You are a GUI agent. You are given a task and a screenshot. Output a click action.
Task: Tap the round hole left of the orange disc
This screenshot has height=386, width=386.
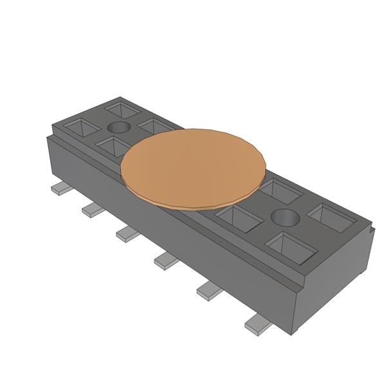point(118,127)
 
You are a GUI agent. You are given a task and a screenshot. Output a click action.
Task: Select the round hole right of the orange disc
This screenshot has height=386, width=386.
point(285,217)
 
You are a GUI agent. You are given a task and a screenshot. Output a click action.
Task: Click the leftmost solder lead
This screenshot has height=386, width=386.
point(60,188)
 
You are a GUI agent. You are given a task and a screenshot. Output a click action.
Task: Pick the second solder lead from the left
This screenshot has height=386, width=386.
point(93,209)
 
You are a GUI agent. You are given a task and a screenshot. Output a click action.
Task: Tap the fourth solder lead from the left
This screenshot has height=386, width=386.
point(165,260)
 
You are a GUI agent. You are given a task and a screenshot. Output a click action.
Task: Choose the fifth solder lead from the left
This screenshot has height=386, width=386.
point(209,291)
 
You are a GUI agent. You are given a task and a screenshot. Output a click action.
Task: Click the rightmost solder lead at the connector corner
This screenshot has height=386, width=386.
point(257,327)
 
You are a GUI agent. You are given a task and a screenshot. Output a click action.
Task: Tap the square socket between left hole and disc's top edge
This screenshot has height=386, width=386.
point(154,125)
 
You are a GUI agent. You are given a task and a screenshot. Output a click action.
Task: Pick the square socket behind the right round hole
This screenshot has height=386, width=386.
point(278,191)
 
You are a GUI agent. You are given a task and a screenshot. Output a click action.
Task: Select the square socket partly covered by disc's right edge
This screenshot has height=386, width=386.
point(239,218)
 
